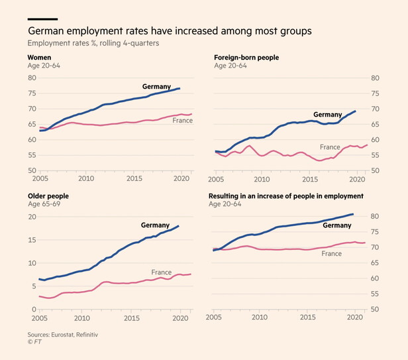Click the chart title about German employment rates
click(x=170, y=31)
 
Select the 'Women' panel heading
click(x=39, y=58)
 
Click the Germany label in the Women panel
click(x=156, y=87)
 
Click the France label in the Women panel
click(x=182, y=120)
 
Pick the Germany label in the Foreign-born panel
click(x=327, y=115)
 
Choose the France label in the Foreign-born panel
click(x=330, y=147)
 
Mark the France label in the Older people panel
click(x=161, y=272)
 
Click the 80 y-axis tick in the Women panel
click(x=31, y=78)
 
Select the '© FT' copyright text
click(x=34, y=344)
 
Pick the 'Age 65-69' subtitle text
click(x=44, y=205)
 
